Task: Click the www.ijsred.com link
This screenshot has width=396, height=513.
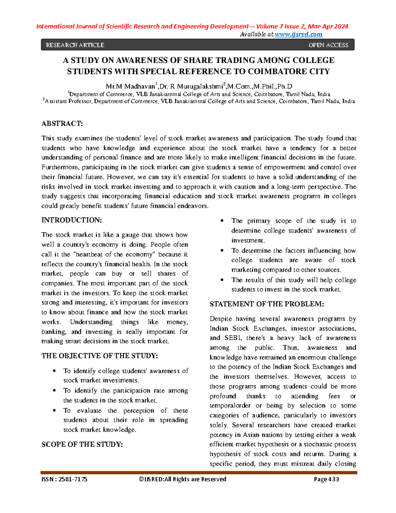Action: click(298, 34)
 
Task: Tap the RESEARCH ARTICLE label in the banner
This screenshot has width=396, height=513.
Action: click(75, 45)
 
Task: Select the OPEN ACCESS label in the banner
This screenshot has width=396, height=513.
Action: click(328, 45)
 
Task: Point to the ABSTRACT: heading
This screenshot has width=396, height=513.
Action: click(62, 124)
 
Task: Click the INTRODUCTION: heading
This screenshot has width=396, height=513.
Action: click(72, 220)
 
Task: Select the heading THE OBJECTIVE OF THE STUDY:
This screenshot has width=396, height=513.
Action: click(99, 356)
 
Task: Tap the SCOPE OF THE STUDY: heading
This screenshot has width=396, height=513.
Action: click(82, 445)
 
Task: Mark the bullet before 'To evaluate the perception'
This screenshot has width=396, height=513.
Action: click(54, 411)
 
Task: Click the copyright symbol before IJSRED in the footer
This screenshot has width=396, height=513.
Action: click(141, 479)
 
